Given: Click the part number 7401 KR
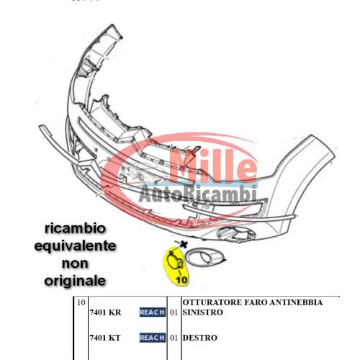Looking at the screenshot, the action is coord(105,312).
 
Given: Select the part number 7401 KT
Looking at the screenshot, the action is coord(105,338).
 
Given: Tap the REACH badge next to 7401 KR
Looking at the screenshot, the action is coord(153,312).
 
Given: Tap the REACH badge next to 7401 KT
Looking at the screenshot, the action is coord(153,338).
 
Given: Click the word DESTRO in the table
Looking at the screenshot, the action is coord(200,338).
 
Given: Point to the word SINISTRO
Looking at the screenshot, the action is coord(203,312).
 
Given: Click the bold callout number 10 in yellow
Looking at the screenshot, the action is coord(181,280).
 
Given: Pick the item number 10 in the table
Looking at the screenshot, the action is coord(81,302).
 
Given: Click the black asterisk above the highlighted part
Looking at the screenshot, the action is coord(184,245).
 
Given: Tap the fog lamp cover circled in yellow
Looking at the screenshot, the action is coord(176,261).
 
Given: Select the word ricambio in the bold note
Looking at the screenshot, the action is coord(75,229).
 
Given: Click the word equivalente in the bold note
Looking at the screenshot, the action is coord(75,246).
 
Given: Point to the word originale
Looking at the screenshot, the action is coord(75,281).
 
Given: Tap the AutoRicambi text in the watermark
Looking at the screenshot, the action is coord(197,194).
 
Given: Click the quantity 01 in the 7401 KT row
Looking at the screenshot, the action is coord(174,338).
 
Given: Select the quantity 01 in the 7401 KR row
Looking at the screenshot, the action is coord(174,312).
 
